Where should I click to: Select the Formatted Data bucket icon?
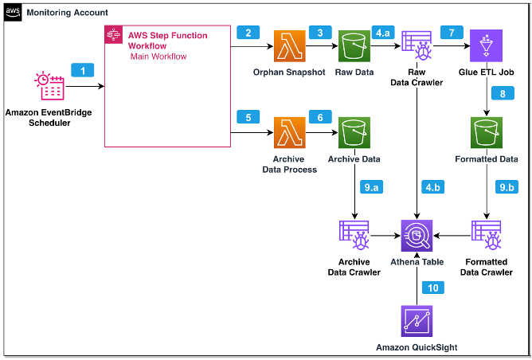point(486,135)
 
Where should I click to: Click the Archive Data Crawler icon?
point(354,235)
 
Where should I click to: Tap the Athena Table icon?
point(419,235)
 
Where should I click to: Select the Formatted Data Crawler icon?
point(486,235)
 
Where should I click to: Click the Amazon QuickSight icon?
point(419,320)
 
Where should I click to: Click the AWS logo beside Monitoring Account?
point(14,14)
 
